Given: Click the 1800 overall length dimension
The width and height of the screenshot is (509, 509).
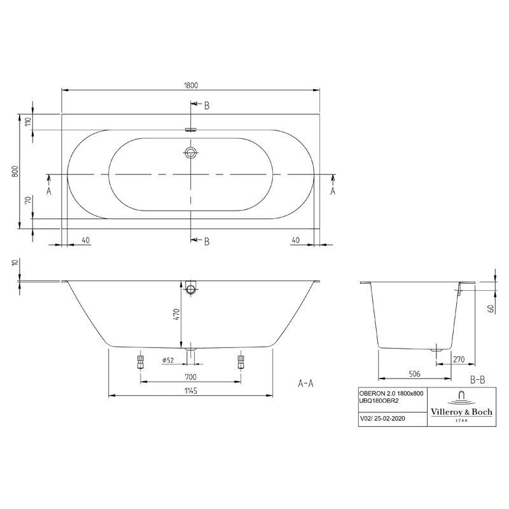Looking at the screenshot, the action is (191, 85).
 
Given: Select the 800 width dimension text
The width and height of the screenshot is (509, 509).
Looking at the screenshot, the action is (15, 171).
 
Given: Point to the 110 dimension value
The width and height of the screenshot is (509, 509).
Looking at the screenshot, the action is (27, 122).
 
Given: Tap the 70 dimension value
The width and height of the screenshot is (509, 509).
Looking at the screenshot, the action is (27, 200).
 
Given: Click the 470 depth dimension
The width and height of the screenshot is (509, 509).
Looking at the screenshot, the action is (176, 314).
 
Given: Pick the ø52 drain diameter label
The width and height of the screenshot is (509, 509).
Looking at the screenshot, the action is (168, 360).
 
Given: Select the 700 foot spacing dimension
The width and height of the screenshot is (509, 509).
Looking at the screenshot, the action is (190, 377).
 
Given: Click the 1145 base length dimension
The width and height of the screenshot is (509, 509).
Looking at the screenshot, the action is (191, 391).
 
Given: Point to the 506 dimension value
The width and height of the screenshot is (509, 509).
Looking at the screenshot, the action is (415, 374).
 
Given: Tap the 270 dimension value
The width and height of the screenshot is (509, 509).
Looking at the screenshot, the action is (459, 359).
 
